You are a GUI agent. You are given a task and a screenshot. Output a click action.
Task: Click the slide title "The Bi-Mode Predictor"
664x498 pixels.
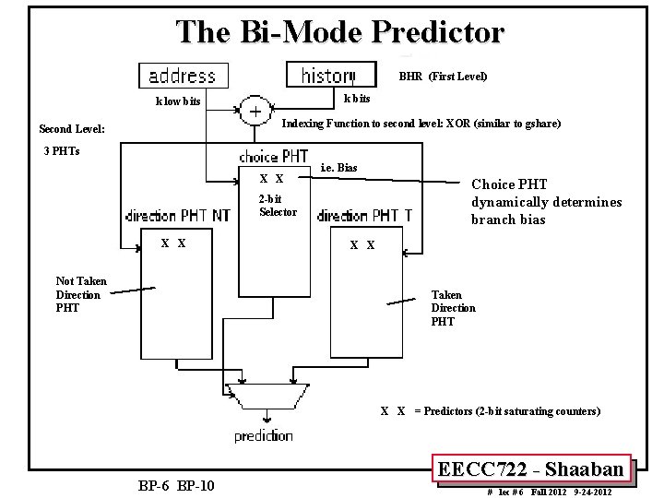coord(341,32)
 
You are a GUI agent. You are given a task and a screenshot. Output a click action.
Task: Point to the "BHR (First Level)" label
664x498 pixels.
coord(443,77)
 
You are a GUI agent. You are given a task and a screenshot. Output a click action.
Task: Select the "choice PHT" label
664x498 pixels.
coord(274,156)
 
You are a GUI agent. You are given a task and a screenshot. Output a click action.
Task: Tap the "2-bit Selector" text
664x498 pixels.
coord(278,206)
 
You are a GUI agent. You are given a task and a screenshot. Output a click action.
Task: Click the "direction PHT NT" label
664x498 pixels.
coord(179,217)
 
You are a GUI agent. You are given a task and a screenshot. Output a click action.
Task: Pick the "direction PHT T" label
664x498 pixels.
coord(365,217)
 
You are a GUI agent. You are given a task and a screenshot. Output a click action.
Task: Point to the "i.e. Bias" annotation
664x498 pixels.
coord(338,168)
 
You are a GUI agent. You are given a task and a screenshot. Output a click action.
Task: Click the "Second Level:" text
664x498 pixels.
coord(72,129)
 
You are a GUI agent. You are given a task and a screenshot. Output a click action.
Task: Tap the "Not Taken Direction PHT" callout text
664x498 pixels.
coord(81,294)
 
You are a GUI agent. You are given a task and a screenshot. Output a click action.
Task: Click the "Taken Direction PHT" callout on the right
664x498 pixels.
coord(454,308)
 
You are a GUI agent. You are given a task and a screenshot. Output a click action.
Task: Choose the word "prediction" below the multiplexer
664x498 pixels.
coord(264,436)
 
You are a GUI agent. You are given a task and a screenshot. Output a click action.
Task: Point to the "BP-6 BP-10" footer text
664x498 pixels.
coord(175,485)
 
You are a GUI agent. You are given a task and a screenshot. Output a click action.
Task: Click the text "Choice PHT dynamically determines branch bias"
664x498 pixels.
coord(546,202)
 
